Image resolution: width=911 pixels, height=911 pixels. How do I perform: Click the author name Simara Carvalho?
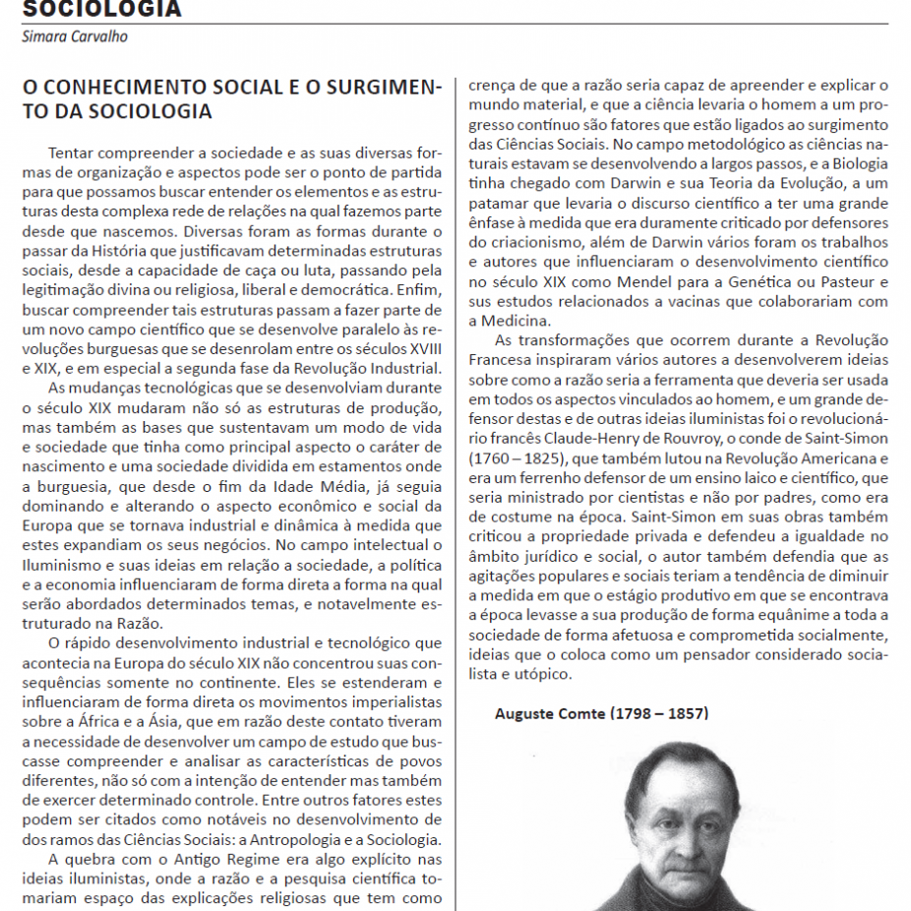[75, 37]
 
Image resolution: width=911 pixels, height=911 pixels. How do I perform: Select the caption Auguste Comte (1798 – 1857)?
[601, 713]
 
